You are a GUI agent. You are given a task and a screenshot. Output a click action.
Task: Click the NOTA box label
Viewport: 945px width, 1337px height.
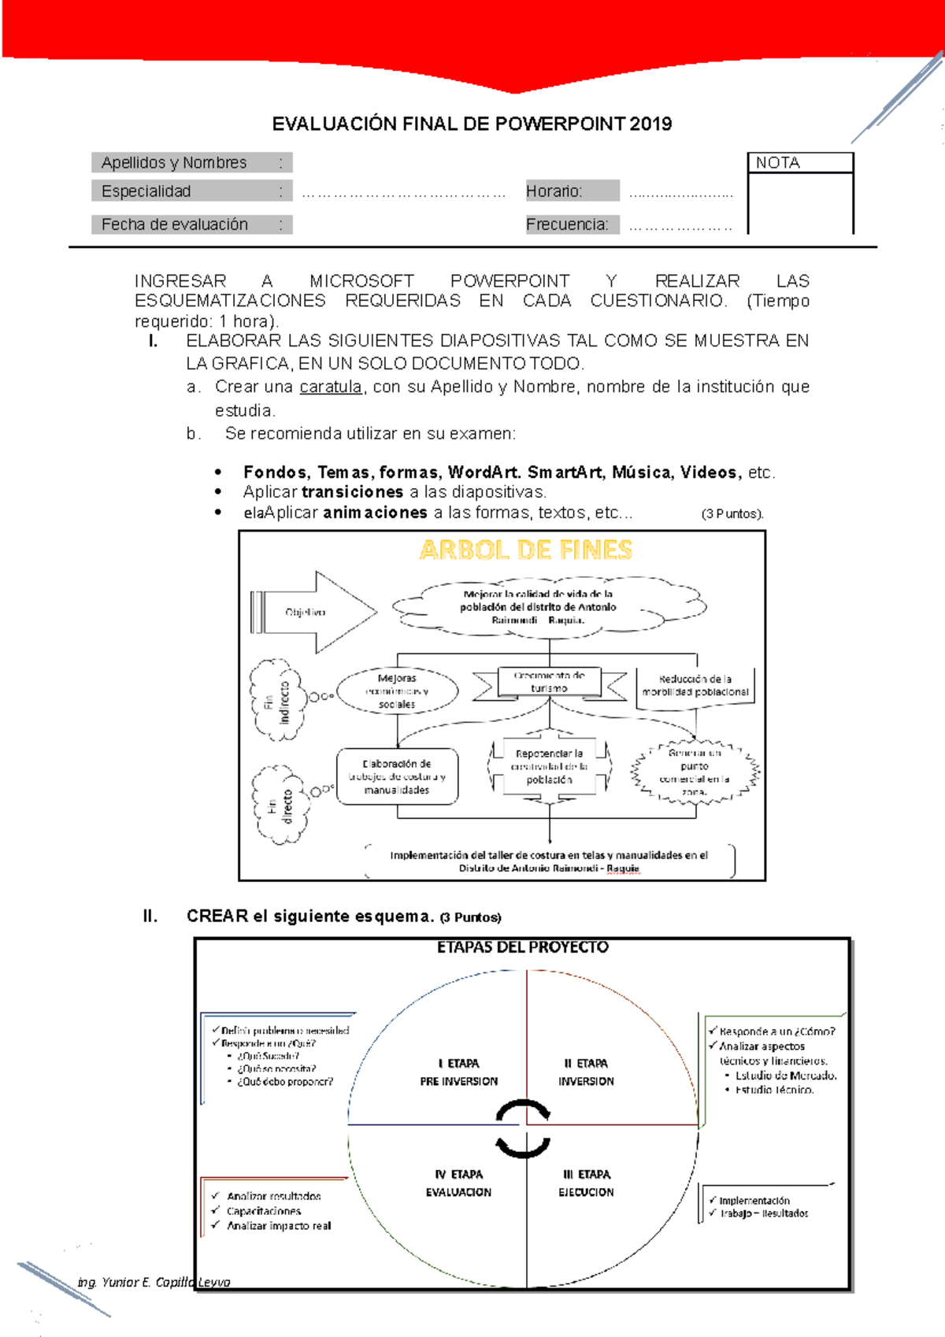point(778,163)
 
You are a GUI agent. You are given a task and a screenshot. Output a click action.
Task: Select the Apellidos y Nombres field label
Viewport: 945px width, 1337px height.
point(174,163)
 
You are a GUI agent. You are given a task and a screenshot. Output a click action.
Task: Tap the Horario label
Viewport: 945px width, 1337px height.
point(554,191)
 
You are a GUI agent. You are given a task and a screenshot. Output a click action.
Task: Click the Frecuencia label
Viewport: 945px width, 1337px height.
point(567,224)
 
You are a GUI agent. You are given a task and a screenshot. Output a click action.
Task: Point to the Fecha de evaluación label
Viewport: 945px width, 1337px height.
point(175,224)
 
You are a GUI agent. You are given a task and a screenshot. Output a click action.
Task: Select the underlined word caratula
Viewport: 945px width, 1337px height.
point(331,387)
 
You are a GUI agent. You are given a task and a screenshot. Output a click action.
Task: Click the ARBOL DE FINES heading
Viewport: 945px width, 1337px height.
point(526,550)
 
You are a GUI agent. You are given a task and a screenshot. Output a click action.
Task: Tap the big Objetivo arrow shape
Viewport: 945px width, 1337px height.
point(315,612)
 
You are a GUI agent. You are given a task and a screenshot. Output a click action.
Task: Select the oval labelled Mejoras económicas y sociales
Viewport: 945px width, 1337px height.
point(397,691)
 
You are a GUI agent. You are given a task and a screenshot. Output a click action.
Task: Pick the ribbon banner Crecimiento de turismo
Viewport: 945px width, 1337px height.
point(549,682)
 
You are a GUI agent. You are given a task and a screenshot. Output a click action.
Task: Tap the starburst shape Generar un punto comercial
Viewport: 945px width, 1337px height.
point(695,772)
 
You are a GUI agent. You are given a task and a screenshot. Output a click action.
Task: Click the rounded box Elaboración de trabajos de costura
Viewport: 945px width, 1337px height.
point(397,776)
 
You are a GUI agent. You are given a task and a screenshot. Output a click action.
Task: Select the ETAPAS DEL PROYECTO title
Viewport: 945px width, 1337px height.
point(523,947)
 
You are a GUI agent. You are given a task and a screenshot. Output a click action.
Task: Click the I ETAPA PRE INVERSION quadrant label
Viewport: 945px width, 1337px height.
point(459,1072)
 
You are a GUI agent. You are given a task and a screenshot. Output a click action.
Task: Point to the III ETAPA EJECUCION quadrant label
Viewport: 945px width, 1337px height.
point(587,1183)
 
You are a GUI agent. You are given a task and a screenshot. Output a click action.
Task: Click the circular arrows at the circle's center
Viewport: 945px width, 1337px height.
point(524,1128)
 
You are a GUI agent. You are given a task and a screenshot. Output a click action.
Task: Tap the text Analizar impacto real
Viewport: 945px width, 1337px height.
point(279,1226)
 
